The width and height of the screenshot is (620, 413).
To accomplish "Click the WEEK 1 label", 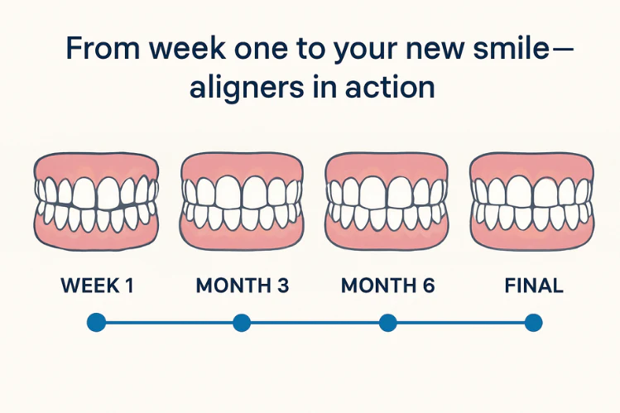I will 97,286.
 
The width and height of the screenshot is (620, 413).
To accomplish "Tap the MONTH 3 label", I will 243,286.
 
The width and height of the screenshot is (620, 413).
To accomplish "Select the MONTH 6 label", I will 387,286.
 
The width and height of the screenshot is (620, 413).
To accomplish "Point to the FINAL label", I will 533,286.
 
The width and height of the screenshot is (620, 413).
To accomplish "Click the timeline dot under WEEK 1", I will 96,323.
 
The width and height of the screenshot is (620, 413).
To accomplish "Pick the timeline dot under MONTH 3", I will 242,323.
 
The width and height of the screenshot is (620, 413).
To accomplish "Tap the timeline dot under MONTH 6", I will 387,323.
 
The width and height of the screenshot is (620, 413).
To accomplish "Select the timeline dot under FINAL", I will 533,323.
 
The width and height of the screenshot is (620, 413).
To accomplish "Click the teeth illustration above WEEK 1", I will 97,200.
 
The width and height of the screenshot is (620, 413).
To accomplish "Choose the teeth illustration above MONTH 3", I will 243,200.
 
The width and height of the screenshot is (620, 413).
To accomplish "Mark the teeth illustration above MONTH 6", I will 387,200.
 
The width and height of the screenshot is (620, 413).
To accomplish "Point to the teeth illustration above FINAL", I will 532,200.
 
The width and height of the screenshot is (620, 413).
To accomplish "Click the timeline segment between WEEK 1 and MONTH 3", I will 169,323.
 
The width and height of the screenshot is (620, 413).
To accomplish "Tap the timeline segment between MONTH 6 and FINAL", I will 460,323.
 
